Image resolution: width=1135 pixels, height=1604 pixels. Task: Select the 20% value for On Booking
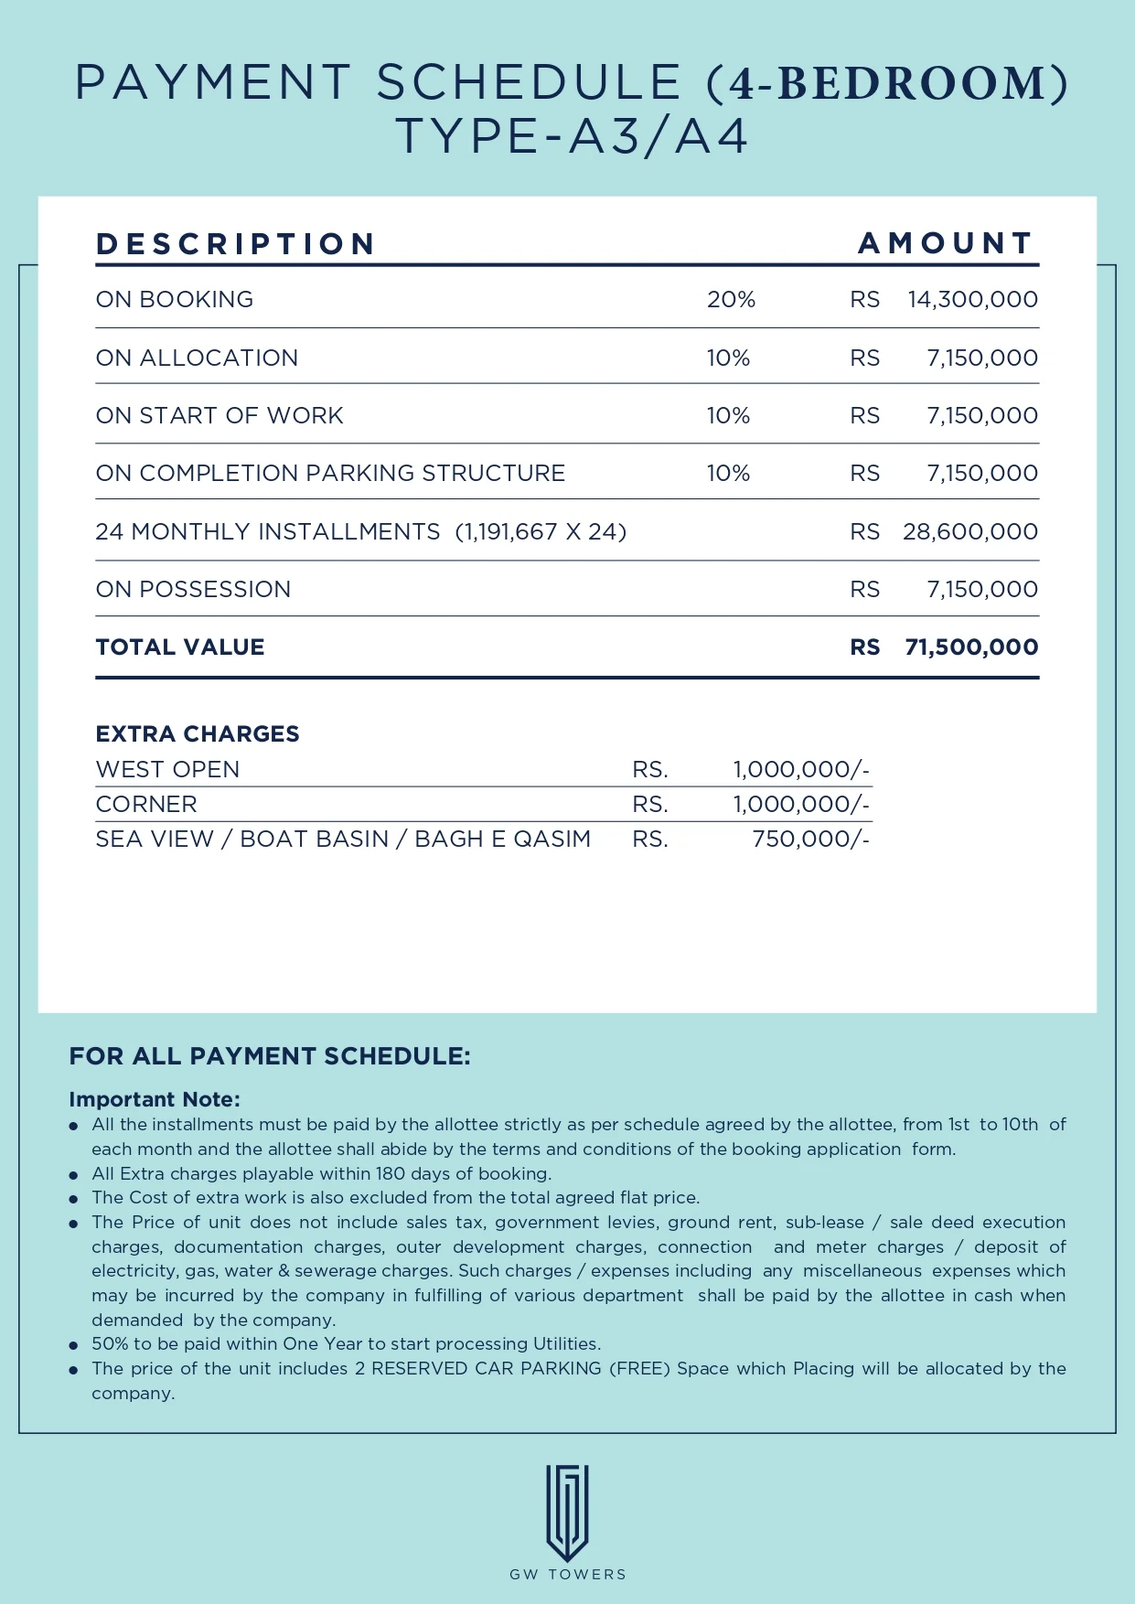[x=731, y=300]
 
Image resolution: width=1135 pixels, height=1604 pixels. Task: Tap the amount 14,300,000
[x=972, y=300]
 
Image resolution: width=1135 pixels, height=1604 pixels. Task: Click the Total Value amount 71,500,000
[x=971, y=647]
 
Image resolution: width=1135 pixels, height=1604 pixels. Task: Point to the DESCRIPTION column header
[x=236, y=244]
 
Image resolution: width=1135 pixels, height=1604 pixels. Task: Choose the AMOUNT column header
[x=946, y=243]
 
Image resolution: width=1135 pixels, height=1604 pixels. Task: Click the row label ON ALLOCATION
[x=197, y=358]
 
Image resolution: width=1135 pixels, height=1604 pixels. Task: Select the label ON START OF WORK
[x=220, y=416]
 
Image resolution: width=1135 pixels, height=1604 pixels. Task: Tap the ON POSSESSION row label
[x=193, y=590]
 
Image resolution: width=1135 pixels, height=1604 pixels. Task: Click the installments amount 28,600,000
[x=969, y=532]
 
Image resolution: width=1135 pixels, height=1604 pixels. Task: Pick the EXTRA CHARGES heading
[x=198, y=734]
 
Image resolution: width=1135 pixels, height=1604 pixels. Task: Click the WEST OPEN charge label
[x=167, y=770]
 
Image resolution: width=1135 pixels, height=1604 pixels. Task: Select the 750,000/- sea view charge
[x=810, y=839]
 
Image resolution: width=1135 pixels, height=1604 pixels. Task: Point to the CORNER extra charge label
[x=146, y=805]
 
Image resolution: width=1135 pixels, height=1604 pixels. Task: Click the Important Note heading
[x=155, y=1099]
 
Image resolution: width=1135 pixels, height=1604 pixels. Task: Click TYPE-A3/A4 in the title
[x=573, y=137]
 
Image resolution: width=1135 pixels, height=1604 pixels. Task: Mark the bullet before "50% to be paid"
[x=73, y=1345]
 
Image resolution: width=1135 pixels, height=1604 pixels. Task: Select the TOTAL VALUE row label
[x=180, y=647]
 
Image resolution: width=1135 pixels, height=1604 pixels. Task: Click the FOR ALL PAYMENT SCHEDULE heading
[x=270, y=1057]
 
